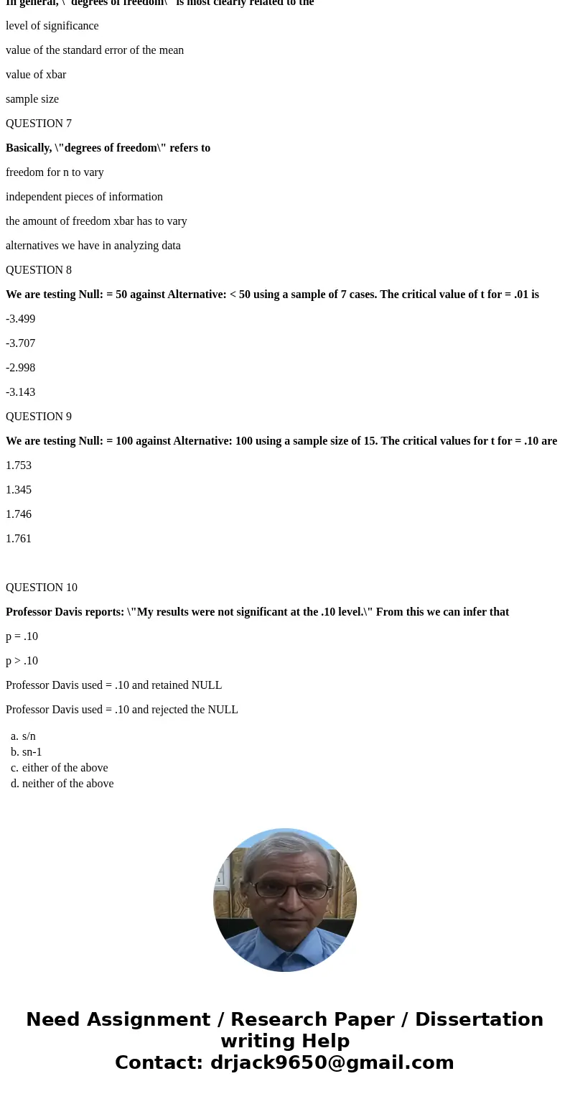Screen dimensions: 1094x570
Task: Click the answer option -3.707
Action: [20, 343]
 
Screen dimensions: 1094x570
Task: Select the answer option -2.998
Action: [20, 368]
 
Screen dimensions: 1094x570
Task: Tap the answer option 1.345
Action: [19, 490]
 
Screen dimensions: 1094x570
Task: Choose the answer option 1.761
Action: [19, 539]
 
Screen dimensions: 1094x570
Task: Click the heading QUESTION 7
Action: [39, 124]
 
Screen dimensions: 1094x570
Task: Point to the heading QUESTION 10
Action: [42, 588]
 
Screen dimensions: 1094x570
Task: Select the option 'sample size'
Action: [32, 99]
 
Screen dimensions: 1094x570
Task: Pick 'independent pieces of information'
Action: [84, 197]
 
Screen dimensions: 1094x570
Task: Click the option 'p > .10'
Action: [22, 661]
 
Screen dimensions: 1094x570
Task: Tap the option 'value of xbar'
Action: [36, 75]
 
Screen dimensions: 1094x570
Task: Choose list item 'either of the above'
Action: [65, 768]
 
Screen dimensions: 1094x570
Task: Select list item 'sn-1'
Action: [32, 752]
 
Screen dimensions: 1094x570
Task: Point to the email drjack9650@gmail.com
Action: [332, 1063]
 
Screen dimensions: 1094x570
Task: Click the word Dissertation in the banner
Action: [479, 1020]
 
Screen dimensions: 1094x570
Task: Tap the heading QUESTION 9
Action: [39, 417]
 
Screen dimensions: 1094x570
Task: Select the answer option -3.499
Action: [20, 319]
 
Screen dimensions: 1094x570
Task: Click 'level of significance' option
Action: [52, 26]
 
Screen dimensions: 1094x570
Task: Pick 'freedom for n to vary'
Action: [55, 172]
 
